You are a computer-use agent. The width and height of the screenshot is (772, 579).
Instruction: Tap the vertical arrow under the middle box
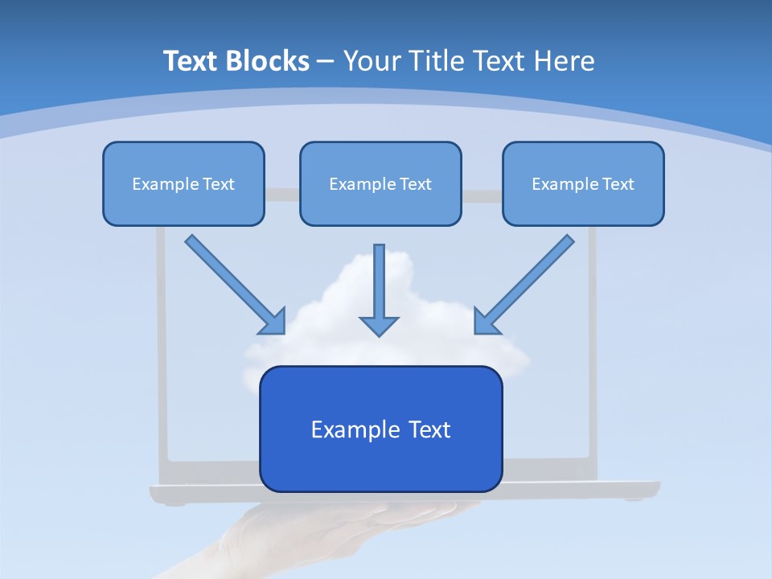(x=379, y=281)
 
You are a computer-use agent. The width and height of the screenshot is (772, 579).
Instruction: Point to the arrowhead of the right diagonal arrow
(x=485, y=322)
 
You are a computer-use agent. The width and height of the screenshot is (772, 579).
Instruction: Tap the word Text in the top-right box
(x=618, y=184)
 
